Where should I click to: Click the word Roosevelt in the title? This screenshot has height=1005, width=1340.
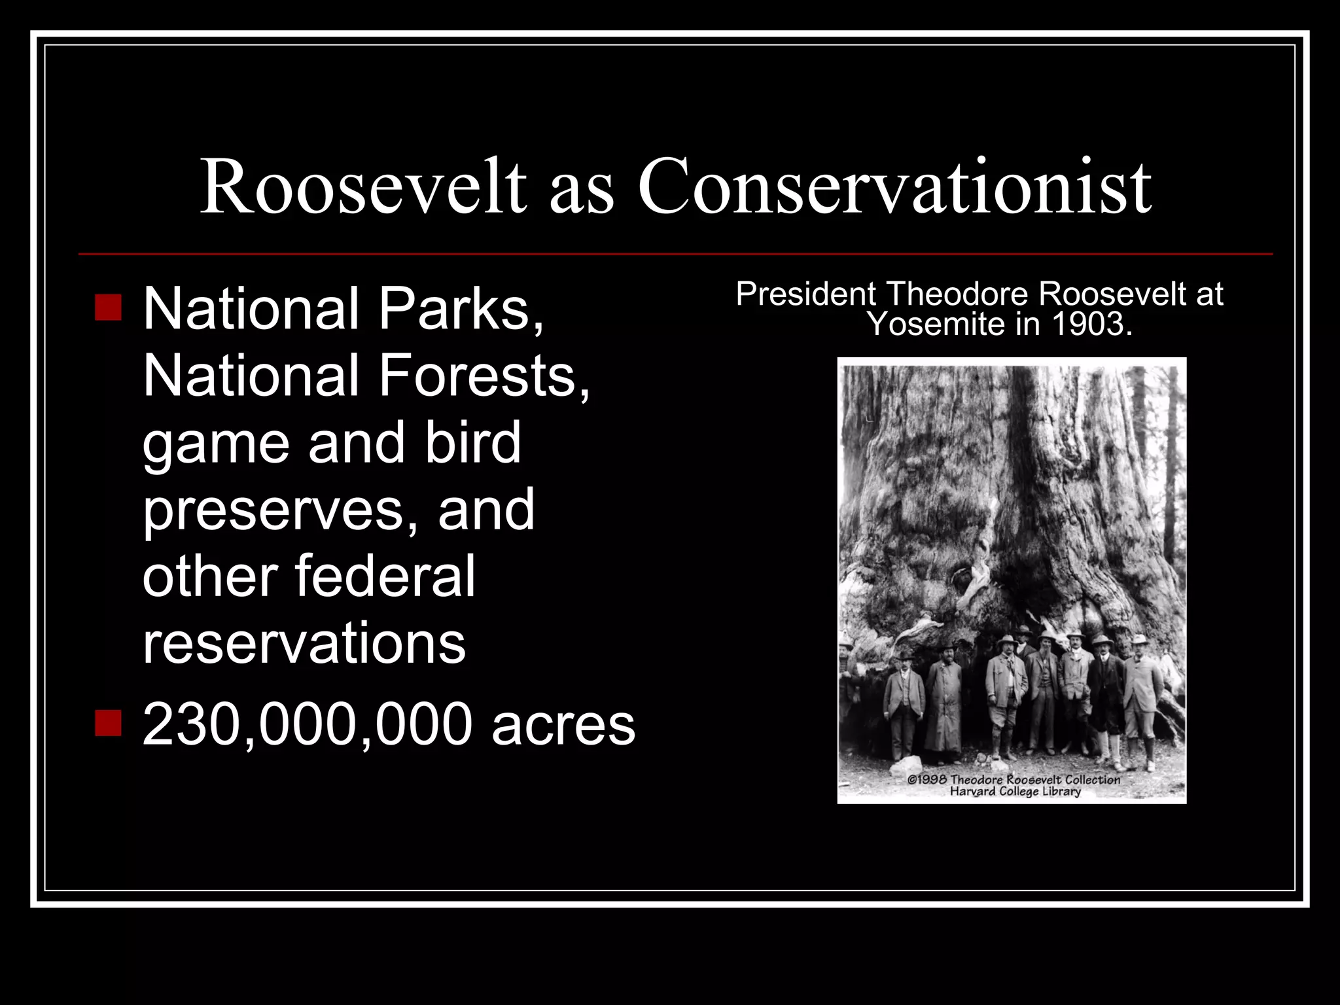click(x=363, y=186)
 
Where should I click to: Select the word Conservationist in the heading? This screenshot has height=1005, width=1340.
click(x=894, y=186)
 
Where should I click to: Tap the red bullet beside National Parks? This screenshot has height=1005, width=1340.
click(x=108, y=308)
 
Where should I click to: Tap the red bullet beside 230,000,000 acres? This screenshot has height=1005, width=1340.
click(x=108, y=724)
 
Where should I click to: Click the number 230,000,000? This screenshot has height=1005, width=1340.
click(x=307, y=725)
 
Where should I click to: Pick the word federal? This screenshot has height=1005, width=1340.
click(x=385, y=576)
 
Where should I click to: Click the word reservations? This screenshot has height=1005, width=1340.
click(x=304, y=644)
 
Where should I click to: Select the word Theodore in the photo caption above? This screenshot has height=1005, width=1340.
click(x=959, y=294)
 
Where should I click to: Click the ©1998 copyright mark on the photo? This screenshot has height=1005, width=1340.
click(x=926, y=780)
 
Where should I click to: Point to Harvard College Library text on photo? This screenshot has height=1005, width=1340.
click(x=1015, y=792)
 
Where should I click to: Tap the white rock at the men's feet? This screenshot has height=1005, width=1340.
click(x=906, y=766)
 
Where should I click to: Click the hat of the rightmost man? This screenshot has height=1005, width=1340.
click(x=1140, y=639)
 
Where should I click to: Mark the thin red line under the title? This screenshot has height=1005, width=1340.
click(x=675, y=254)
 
